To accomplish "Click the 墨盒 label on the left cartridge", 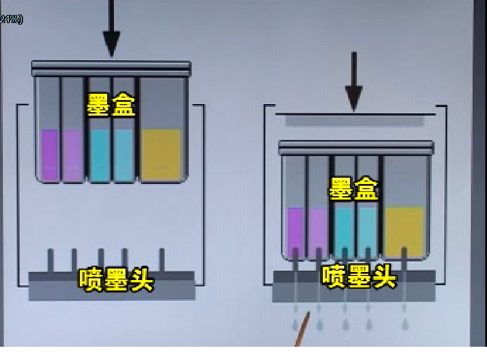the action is [x=111, y=105].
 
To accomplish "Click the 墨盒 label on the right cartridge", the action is [x=353, y=189].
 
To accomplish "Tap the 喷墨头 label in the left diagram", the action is [x=116, y=280].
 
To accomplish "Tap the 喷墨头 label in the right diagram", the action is [x=359, y=276].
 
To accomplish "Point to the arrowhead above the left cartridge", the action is [x=112, y=44].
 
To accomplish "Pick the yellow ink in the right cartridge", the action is [x=404, y=231].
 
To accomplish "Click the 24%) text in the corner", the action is [x=11, y=19].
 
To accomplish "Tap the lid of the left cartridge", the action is [x=111, y=68].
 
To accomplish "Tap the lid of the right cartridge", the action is [x=356, y=148].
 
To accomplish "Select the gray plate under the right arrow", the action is [x=355, y=121].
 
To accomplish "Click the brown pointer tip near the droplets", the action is [x=309, y=313].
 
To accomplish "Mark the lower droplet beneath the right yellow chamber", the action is [x=405, y=324].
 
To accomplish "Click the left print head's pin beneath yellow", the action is [x=162, y=260].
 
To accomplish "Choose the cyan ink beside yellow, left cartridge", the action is [x=124, y=155].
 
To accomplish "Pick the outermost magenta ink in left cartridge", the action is [x=50, y=155].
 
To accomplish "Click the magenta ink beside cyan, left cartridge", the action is [x=73, y=155].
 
